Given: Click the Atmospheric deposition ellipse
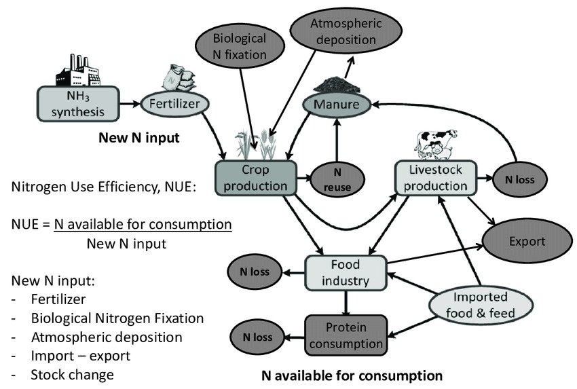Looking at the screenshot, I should [337, 31].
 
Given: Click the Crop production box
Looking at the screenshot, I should [255, 178].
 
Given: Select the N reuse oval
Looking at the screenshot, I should [337, 180].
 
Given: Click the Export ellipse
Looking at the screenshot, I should [527, 241].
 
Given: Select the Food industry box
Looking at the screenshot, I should [346, 272].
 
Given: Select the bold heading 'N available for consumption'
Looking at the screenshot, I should [352, 375].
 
